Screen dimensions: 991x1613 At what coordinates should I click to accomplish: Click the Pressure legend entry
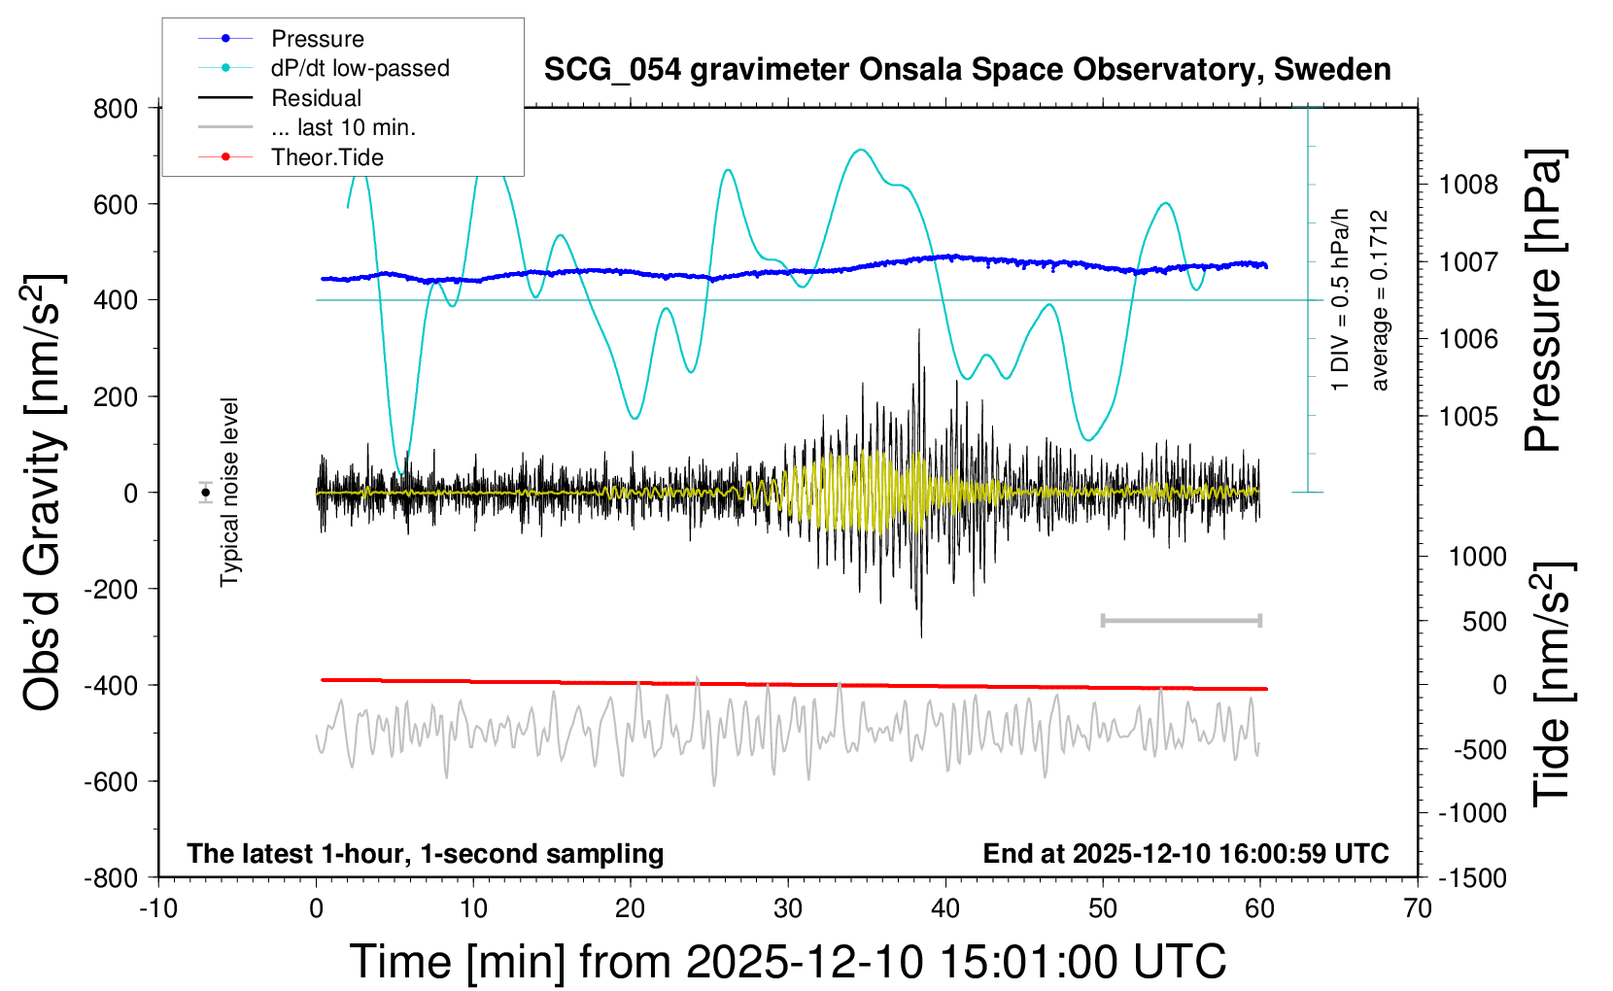(317, 39)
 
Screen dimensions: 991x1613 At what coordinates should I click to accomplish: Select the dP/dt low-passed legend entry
(360, 68)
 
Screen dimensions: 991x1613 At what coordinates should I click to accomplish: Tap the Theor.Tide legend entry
(326, 157)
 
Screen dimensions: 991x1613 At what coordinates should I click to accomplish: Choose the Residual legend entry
(316, 98)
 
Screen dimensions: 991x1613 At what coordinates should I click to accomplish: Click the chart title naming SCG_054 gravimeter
(967, 70)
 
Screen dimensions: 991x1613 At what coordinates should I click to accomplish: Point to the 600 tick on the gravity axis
(116, 204)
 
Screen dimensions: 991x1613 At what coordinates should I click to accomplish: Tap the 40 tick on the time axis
(944, 909)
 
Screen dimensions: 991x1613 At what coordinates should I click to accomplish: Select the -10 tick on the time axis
(157, 909)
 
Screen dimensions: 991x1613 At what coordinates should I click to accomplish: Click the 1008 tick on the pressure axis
(1468, 185)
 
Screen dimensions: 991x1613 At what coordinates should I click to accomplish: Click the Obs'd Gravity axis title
(43, 493)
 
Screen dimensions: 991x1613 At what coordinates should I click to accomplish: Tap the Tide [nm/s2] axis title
(1553, 684)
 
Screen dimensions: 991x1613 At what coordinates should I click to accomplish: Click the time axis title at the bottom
(787, 962)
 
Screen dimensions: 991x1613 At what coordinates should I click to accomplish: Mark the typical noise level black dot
(206, 493)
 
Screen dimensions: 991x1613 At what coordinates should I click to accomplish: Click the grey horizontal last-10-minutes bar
(1181, 620)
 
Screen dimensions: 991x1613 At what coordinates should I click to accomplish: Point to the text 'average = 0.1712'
(1379, 301)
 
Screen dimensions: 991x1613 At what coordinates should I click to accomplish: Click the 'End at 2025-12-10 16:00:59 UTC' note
(1185, 854)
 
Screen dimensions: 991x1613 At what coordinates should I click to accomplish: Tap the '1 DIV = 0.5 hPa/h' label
(1341, 299)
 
